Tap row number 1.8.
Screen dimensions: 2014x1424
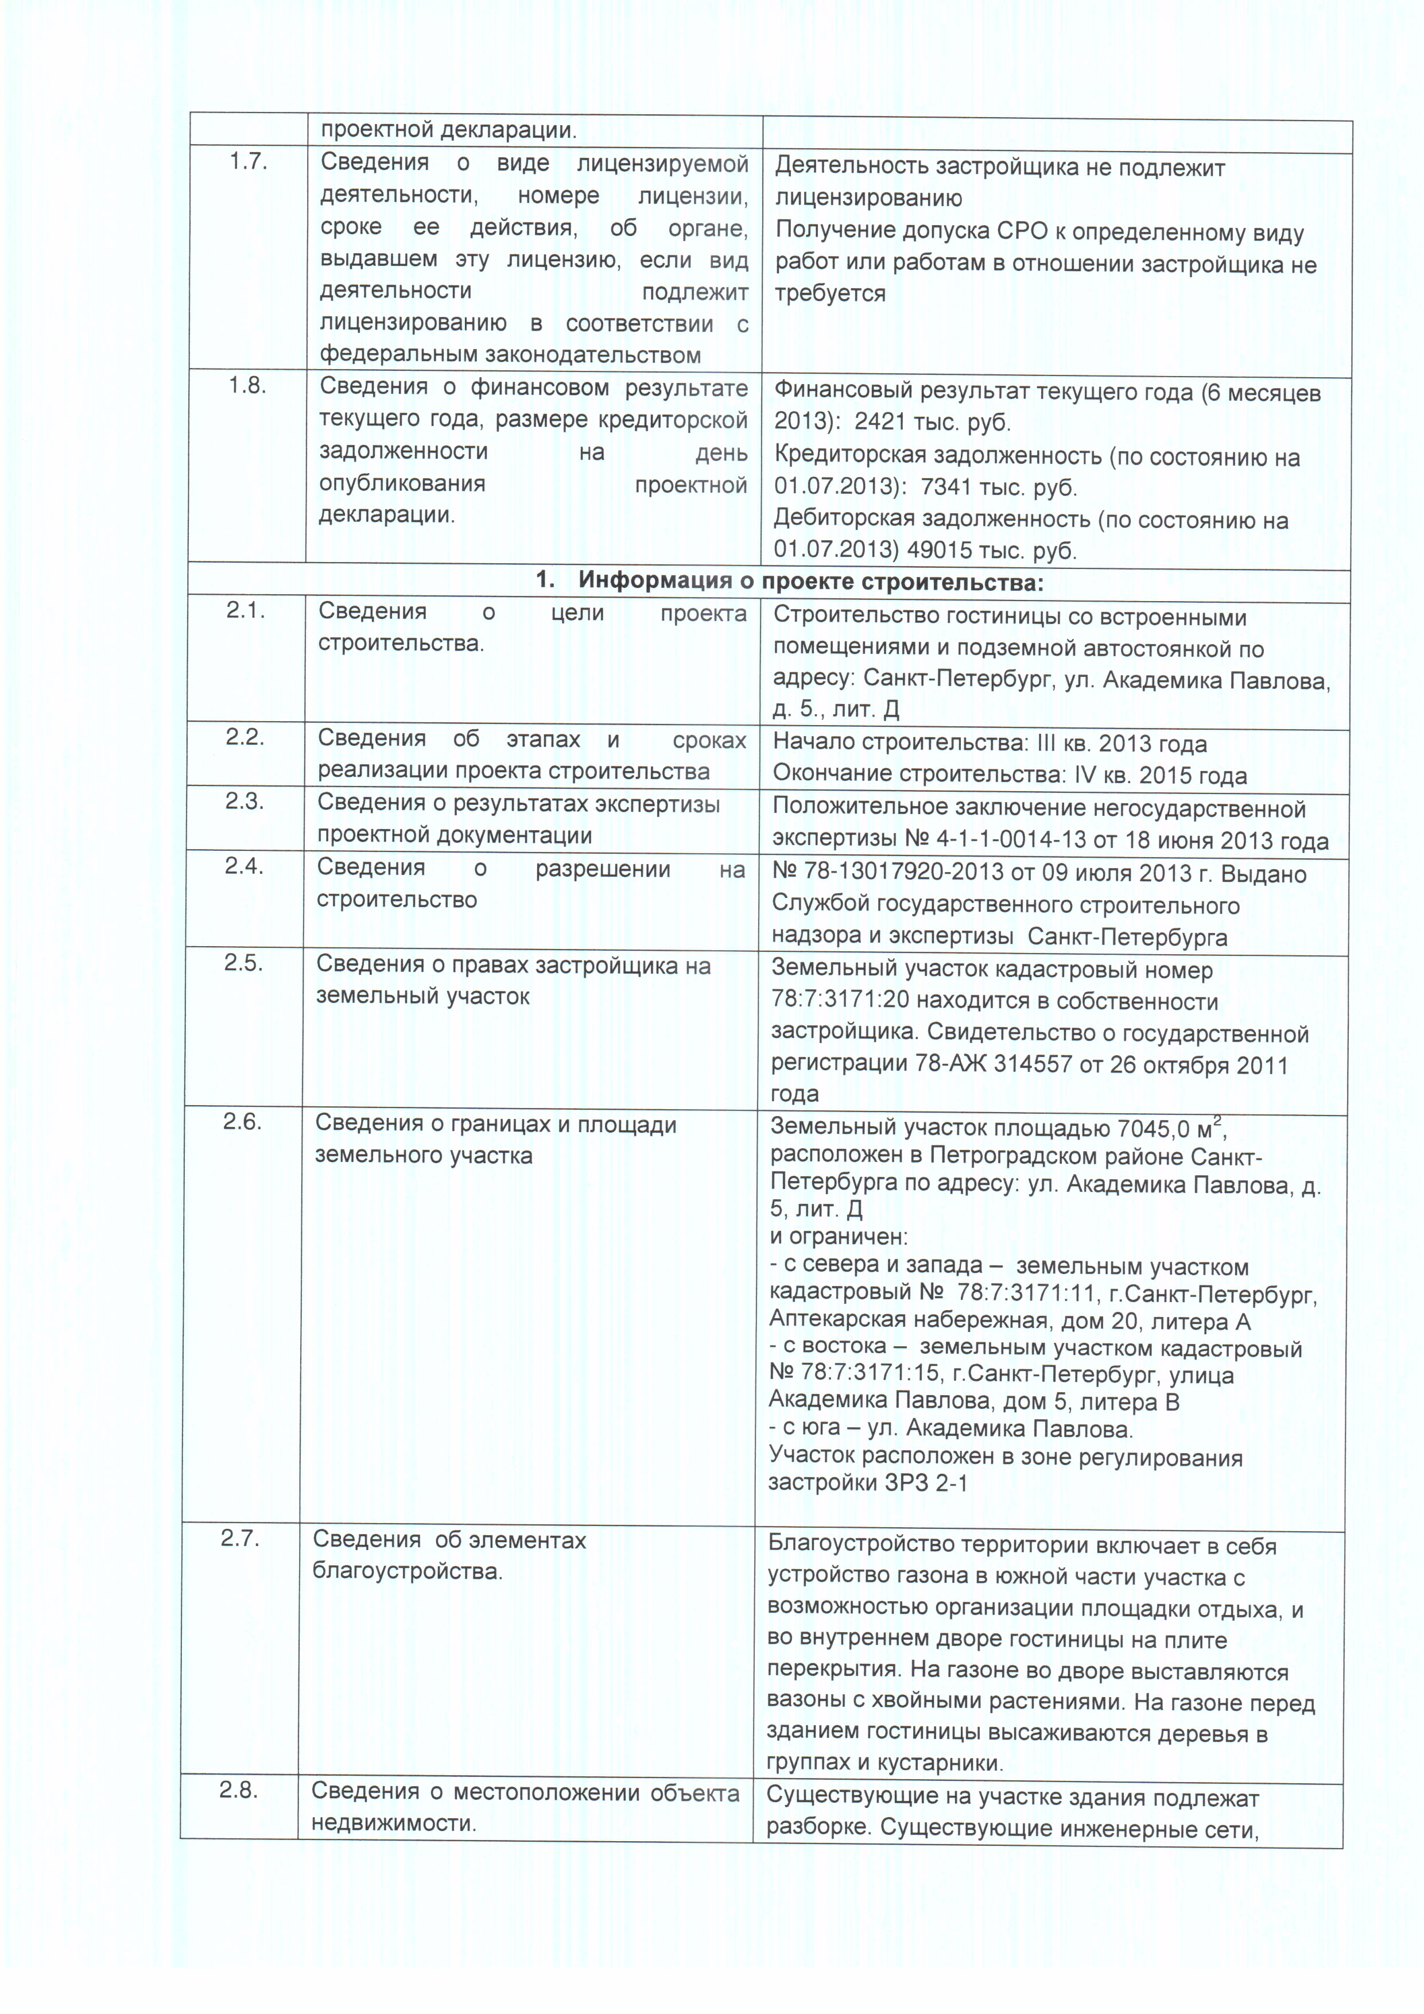[x=248, y=385]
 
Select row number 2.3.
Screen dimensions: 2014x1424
[x=245, y=801]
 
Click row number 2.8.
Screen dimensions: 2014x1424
[x=239, y=1790]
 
